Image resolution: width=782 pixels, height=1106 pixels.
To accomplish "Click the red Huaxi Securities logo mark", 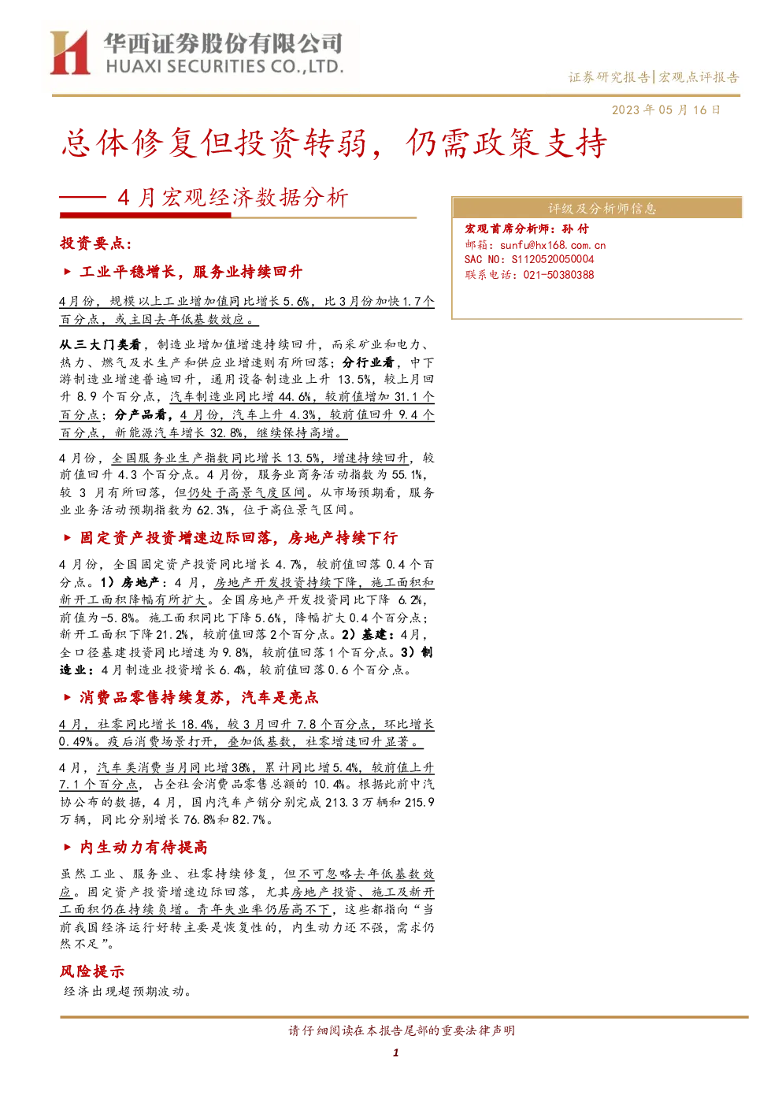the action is tap(70, 52).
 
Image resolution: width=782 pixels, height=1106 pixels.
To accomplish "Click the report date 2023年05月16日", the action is tap(666, 109).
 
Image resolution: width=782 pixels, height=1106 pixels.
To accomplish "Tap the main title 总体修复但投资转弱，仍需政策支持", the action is tap(334, 143).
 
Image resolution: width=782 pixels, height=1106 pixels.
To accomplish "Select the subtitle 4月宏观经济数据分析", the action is tap(233, 198).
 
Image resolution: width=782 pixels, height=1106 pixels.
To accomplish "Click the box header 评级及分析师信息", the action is tap(602, 209).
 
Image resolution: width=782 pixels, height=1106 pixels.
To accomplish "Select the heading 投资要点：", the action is tap(96, 243).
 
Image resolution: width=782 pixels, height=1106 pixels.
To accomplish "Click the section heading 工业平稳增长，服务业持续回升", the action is tap(191, 272).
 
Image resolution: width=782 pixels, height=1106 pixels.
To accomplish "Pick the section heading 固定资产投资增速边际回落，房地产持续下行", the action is tap(239, 538).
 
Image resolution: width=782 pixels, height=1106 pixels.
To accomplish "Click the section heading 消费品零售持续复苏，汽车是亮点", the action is tap(199, 697).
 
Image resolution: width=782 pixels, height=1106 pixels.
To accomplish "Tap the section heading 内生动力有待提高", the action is tap(143, 848).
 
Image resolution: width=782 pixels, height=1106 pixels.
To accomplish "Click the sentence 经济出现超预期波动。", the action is tap(128, 991).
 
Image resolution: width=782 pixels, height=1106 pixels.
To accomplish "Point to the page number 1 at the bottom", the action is tap(395, 1052).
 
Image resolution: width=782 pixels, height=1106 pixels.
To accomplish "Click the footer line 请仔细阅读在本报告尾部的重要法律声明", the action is tap(402, 1030).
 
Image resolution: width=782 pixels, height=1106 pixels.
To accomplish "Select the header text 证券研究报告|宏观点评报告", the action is tap(654, 77).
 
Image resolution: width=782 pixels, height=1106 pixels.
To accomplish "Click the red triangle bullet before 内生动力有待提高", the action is tap(68, 848).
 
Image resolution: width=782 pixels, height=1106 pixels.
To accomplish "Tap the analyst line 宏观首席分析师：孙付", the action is tap(526, 228).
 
